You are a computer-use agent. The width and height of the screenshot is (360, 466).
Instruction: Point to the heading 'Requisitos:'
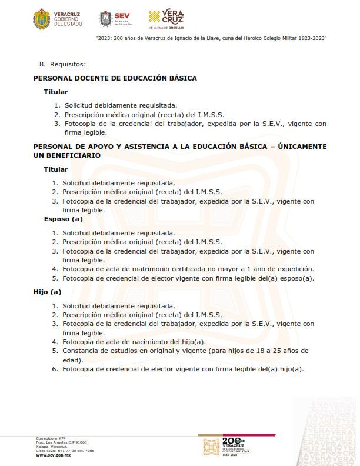(x=68, y=64)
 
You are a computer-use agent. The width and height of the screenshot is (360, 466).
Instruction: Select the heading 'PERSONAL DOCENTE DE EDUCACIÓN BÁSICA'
(x=115, y=78)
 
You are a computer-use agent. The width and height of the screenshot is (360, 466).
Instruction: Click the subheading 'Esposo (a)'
(x=63, y=219)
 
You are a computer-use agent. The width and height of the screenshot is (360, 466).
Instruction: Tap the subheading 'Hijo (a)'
(x=48, y=292)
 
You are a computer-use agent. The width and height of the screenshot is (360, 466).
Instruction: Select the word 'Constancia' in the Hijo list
(x=82, y=351)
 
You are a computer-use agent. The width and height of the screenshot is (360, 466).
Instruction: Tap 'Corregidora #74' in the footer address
(x=51, y=438)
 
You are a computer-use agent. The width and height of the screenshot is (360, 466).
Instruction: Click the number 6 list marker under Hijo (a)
(x=55, y=369)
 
